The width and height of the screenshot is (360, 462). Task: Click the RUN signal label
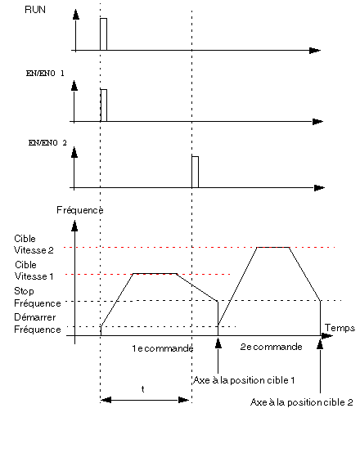click(x=35, y=10)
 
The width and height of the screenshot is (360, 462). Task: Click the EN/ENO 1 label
click(x=45, y=74)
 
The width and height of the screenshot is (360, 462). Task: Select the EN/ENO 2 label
click(x=47, y=143)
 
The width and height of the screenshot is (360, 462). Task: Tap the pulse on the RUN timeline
click(x=103, y=34)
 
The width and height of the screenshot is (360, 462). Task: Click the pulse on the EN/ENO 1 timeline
click(x=104, y=105)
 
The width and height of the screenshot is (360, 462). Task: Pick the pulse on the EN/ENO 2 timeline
click(x=196, y=172)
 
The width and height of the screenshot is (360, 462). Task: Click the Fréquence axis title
click(x=80, y=210)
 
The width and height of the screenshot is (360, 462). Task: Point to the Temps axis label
click(x=340, y=328)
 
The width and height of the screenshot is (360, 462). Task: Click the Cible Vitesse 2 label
click(x=34, y=244)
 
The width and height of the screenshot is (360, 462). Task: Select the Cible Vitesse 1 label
click(x=34, y=271)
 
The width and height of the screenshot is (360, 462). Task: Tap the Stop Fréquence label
click(x=38, y=297)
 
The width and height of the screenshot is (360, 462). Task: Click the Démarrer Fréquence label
click(x=38, y=323)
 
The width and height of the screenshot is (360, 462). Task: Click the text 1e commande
click(x=163, y=348)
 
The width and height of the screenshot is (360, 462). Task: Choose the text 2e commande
click(x=272, y=347)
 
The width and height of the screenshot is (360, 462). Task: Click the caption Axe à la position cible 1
click(x=244, y=380)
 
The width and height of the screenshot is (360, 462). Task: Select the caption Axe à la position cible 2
click(x=302, y=402)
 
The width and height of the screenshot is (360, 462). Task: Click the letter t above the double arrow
click(x=142, y=389)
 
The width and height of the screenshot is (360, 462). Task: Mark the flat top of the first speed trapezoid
click(x=155, y=274)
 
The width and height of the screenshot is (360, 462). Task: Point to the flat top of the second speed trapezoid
click(x=273, y=247)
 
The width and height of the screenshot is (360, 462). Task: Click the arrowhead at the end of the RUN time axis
click(x=315, y=51)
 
